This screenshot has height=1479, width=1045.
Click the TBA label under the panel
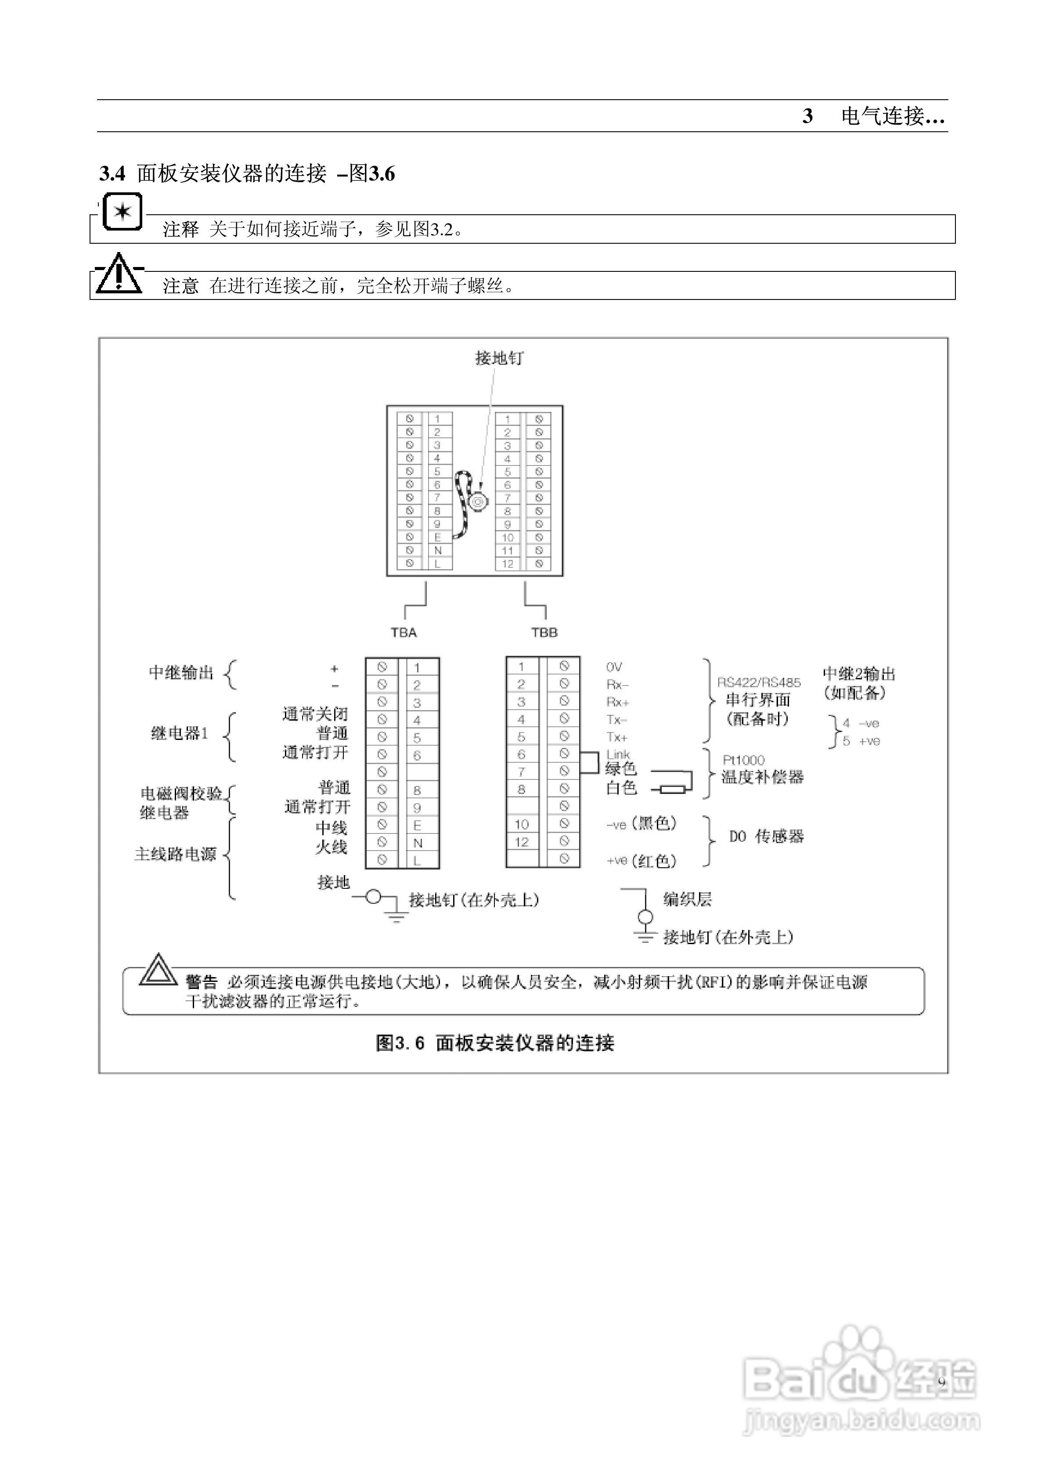[x=404, y=632]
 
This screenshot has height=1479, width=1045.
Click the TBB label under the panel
[x=544, y=632]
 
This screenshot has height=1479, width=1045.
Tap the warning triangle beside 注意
[x=119, y=275]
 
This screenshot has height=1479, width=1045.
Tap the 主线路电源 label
[x=175, y=854]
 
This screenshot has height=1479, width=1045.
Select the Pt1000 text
[x=743, y=760]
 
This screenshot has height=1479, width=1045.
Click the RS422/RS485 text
[x=759, y=682]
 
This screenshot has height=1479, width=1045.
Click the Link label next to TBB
[x=618, y=754]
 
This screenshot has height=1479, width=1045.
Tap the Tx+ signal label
[x=616, y=737]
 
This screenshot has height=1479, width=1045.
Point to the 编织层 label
[x=688, y=899]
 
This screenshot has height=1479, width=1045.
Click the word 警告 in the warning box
[x=202, y=982]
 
